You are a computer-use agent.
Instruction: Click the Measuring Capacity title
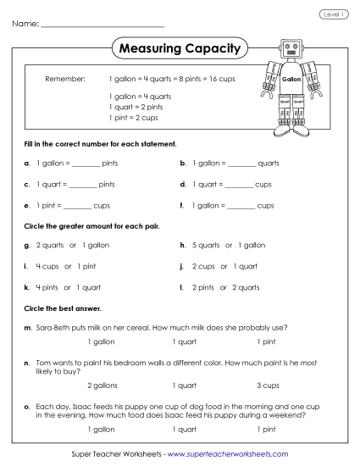coord(179,48)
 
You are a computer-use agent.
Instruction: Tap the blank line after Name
coord(102,25)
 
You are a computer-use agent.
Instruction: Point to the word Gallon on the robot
coord(291,79)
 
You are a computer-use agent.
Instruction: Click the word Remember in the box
coord(65,78)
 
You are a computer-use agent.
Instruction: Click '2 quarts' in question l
coord(244,286)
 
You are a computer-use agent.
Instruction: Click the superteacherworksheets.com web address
coord(228,454)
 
